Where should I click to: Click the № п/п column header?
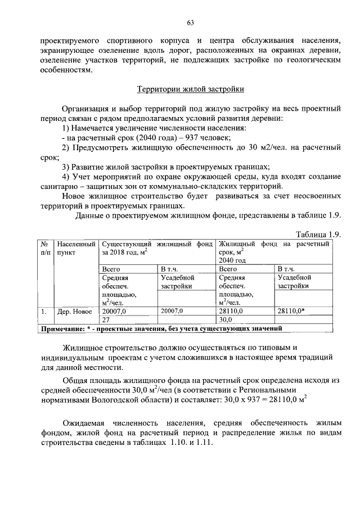click(x=44, y=248)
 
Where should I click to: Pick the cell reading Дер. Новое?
click(x=75, y=310)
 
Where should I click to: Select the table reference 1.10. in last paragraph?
click(x=177, y=443)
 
